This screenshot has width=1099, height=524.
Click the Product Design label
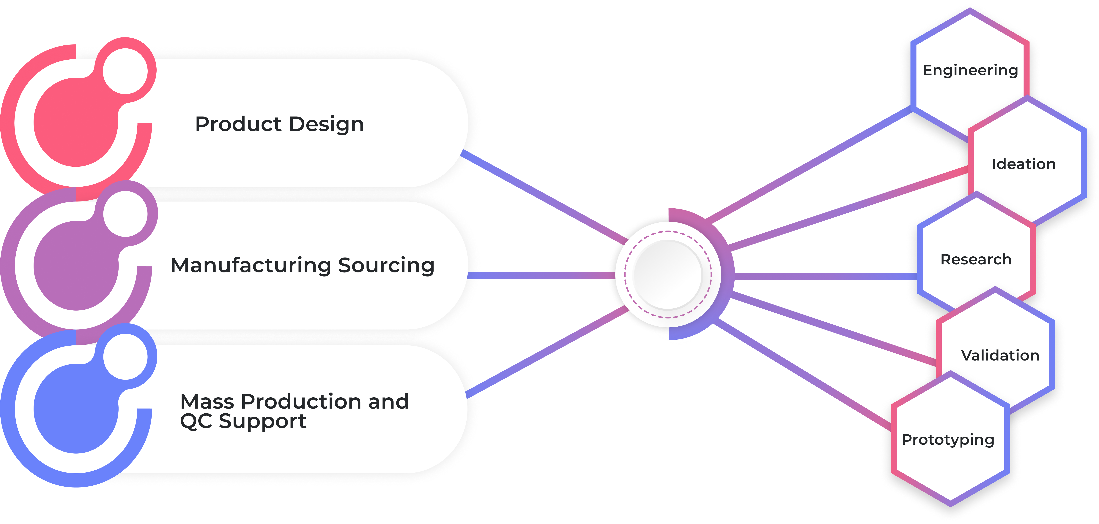click(x=279, y=124)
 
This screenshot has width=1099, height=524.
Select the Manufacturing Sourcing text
click(x=303, y=265)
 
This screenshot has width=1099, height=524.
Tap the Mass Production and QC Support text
click(x=294, y=411)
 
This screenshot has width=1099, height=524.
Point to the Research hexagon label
click(x=976, y=259)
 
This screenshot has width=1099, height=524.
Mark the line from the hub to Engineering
click(x=811, y=164)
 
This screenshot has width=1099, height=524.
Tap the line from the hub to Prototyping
click(x=802, y=375)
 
